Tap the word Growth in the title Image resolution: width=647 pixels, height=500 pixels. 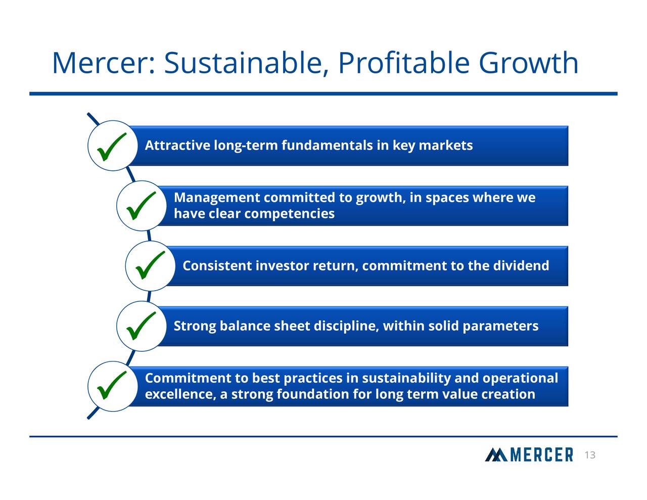528,64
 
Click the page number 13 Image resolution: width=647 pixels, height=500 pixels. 589,456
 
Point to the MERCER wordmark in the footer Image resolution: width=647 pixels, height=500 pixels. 541,455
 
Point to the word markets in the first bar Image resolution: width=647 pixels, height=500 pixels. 446,146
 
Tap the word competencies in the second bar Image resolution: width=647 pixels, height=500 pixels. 289,214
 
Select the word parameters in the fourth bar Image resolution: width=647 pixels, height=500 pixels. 500,326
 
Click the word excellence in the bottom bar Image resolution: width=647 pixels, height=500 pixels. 180,394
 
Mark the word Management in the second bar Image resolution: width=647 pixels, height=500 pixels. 216,198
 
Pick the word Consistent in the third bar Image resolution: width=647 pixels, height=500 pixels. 217,265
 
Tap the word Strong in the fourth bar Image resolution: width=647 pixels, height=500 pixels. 195,326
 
